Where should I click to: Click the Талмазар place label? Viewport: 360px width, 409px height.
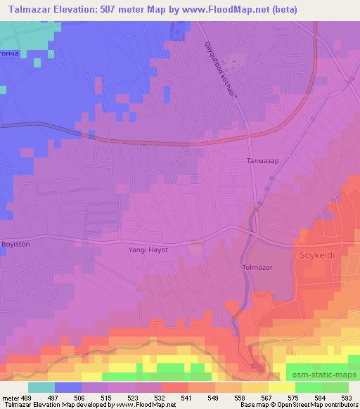264,161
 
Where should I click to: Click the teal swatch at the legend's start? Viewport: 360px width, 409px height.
41,387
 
